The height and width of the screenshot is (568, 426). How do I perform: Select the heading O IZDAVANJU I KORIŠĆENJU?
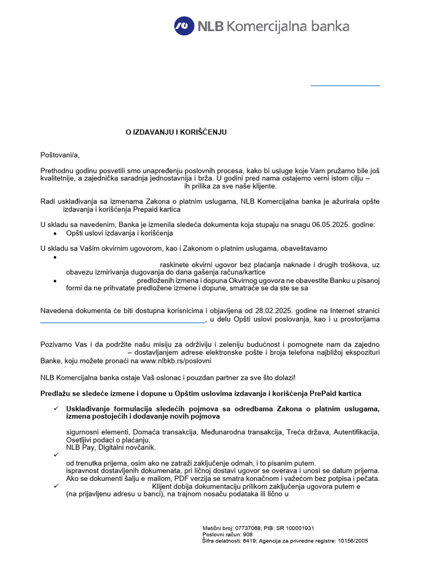[175, 132]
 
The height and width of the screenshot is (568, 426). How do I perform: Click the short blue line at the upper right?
[345, 86]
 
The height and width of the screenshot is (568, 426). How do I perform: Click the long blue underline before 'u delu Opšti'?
[122, 322]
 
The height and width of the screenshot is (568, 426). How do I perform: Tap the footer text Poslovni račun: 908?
[227, 534]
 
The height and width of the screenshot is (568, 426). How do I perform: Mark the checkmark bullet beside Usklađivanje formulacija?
[56, 409]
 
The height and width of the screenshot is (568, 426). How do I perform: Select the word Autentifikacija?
[355, 432]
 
